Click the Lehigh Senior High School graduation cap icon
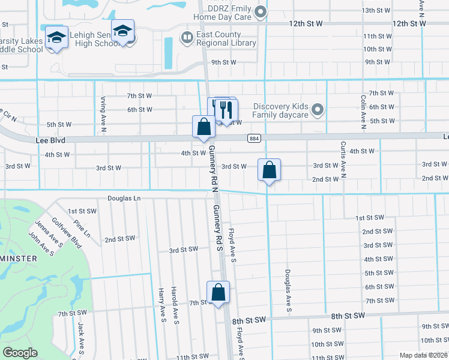[x=122, y=31]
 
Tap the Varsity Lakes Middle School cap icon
[x=56, y=38]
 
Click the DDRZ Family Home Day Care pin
[x=261, y=11]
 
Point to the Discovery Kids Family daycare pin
[x=318, y=110]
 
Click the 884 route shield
[x=253, y=139]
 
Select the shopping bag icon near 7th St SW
[x=218, y=293]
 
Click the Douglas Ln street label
[x=124, y=197]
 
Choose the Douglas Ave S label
[x=288, y=290]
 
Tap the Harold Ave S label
[x=175, y=305]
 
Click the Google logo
[x=20, y=353]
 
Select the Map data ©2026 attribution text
[x=423, y=355]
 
